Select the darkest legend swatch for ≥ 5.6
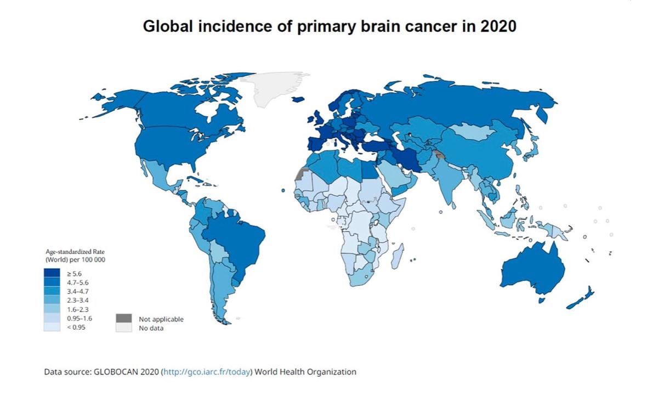[x=52, y=273]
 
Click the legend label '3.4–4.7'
[x=77, y=291]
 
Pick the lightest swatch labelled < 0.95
[x=52, y=327]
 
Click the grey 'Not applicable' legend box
[x=124, y=319]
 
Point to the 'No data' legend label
[x=151, y=328]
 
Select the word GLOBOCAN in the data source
[x=117, y=372]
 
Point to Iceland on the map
[x=298, y=99]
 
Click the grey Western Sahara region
[x=299, y=175]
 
